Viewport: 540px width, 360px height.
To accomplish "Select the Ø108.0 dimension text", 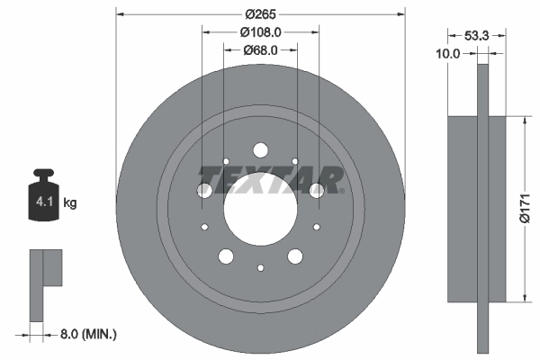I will pos(259,31).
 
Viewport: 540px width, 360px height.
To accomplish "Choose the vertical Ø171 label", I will pos(531,209).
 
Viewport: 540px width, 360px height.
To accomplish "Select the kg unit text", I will pos(70,203).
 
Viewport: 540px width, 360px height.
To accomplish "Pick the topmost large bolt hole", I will pos(259,150).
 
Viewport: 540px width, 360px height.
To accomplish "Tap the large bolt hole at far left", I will pos(203,191).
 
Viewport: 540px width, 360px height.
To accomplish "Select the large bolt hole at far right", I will pos(316,191).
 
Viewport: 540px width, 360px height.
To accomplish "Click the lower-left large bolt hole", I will pos(225,256).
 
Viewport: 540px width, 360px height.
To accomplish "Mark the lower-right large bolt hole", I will pos(294,256).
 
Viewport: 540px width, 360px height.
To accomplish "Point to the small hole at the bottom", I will pos(259,266).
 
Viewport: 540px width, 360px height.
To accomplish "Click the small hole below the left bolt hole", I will pos(205,227).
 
